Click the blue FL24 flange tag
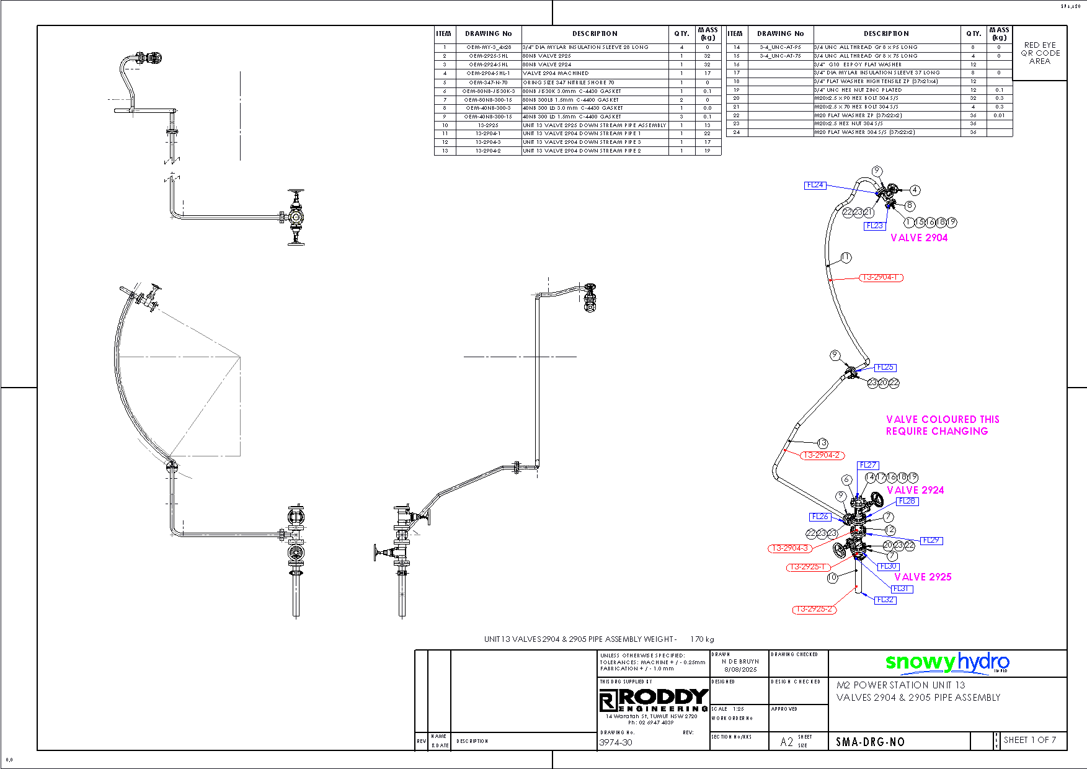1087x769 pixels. tap(815, 185)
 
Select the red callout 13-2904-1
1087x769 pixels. tap(881, 277)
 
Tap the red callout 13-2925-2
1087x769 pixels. tap(814, 609)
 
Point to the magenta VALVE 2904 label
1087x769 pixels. tap(919, 238)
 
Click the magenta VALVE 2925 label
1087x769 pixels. tap(923, 577)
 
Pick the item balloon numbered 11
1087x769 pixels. tap(846, 257)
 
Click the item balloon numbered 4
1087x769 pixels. tap(915, 190)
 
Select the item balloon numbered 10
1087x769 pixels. tap(832, 577)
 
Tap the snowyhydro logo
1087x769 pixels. tap(947, 662)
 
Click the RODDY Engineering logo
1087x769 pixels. tap(654, 700)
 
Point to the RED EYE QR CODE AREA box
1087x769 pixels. tap(1040, 53)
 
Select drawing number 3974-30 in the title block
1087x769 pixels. tap(616, 742)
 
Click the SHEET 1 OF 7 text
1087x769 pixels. tap(1029, 740)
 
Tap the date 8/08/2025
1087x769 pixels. tap(740, 669)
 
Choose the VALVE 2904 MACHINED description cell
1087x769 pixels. tap(556, 73)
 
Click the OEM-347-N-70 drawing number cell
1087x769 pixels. tap(488, 82)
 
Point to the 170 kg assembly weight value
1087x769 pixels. tap(702, 639)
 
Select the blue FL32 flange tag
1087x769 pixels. tap(885, 600)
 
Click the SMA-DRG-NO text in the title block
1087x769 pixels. tap(870, 742)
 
